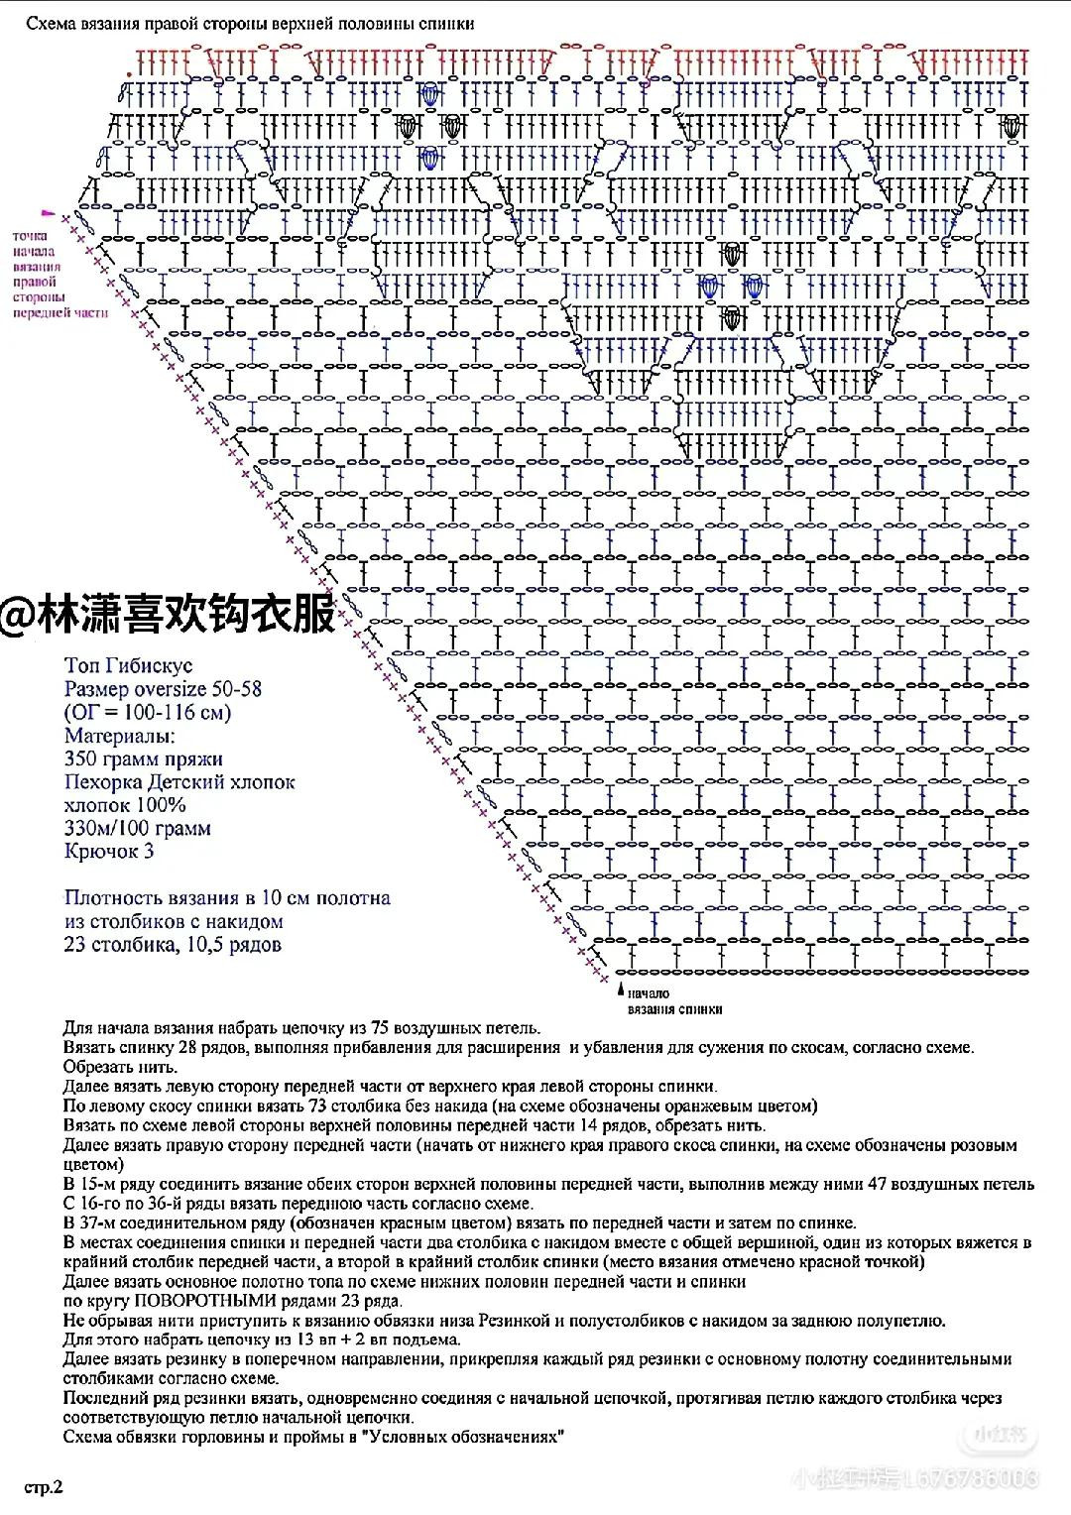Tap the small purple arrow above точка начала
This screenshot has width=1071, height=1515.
[46, 213]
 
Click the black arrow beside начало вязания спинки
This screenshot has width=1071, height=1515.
[621, 990]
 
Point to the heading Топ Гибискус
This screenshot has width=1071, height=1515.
[128, 665]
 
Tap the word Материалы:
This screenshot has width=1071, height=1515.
[119, 736]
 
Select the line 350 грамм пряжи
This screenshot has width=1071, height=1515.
[143, 759]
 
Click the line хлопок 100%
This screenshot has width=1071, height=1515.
[124, 805]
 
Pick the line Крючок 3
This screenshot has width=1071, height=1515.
[108, 851]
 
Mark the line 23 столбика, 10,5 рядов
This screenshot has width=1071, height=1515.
[173, 944]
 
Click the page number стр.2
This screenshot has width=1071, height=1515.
[46, 1487]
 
